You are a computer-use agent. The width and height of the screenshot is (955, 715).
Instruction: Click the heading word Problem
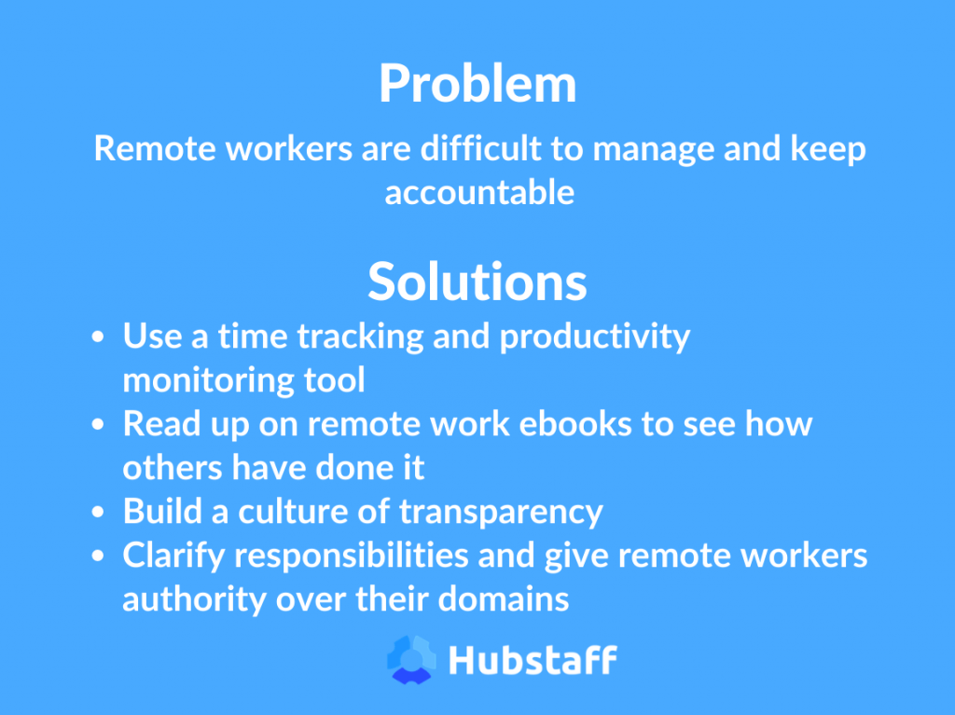[x=477, y=86]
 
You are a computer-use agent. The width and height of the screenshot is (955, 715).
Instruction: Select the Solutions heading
[x=477, y=281]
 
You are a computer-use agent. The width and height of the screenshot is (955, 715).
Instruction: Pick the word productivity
[x=594, y=337]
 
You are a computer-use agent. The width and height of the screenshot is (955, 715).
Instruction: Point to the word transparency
[x=500, y=512]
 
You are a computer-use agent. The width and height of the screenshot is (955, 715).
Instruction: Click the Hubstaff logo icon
[x=411, y=659]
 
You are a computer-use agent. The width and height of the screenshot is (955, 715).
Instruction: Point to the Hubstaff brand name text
[x=532, y=660]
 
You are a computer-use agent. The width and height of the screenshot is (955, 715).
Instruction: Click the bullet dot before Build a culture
[x=100, y=513]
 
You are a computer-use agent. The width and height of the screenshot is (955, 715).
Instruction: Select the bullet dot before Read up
[x=100, y=425]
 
